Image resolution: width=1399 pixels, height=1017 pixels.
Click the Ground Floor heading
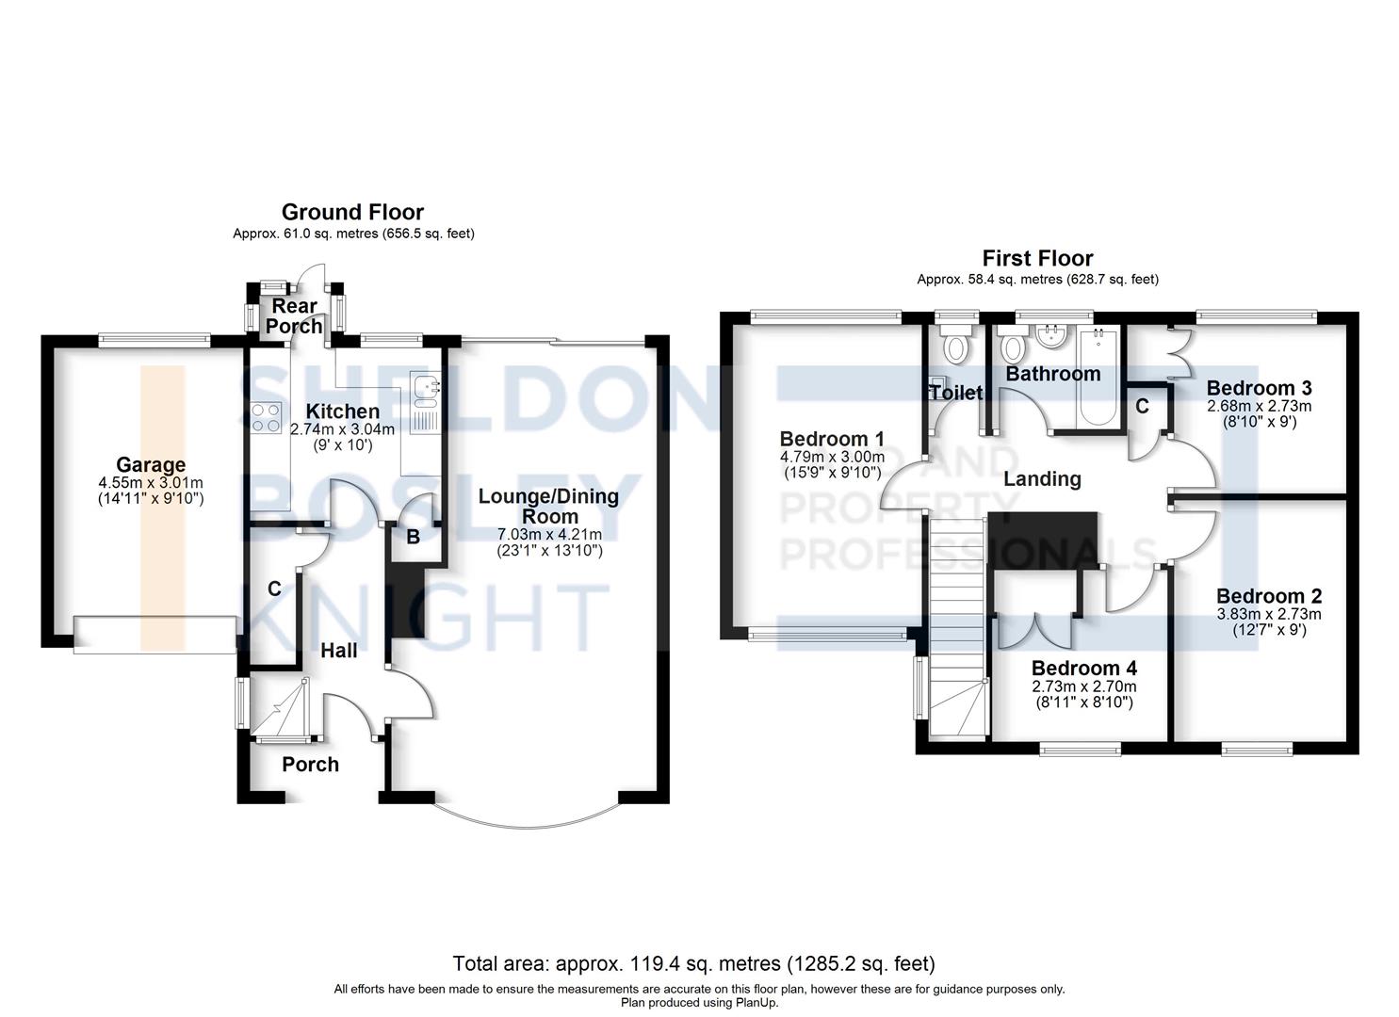click(352, 212)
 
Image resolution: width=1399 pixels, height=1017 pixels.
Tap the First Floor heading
click(1037, 258)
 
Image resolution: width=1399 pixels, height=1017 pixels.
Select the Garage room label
click(151, 464)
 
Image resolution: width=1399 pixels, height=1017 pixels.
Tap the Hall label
click(338, 650)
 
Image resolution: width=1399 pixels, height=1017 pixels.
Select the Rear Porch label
click(294, 316)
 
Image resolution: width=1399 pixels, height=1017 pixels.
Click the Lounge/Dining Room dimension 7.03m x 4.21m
click(549, 535)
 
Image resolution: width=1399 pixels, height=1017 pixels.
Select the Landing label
click(1042, 478)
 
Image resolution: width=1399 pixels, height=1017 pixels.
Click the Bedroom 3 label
click(1259, 388)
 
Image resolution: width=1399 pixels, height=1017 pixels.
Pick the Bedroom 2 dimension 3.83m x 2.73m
click(1268, 614)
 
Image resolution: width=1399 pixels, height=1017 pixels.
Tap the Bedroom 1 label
click(832, 439)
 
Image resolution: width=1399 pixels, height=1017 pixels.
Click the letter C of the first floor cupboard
click(1142, 406)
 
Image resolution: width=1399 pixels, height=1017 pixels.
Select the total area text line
click(693, 963)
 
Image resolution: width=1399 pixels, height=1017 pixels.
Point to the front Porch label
click(310, 764)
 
